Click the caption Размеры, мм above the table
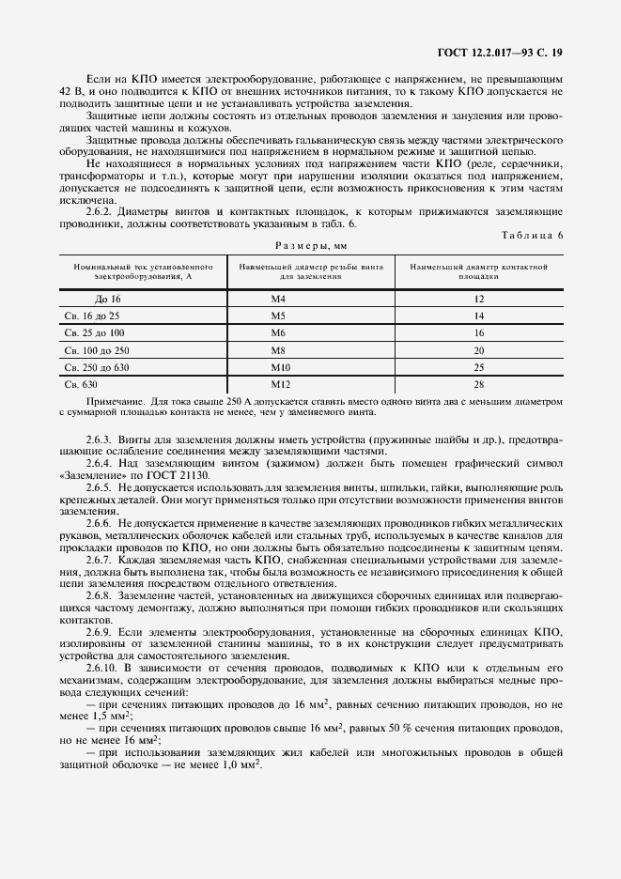coord(310,246)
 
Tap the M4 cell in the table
coord(278,299)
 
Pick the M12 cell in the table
coord(281,384)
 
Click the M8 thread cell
coord(278,349)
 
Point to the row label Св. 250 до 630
coord(96,367)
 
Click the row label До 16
coord(95,299)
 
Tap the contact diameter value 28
coord(479,384)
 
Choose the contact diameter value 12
coord(479,299)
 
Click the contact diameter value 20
coord(479,349)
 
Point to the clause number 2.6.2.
coord(100,211)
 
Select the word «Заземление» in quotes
coord(95,476)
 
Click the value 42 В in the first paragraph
coord(70,90)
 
